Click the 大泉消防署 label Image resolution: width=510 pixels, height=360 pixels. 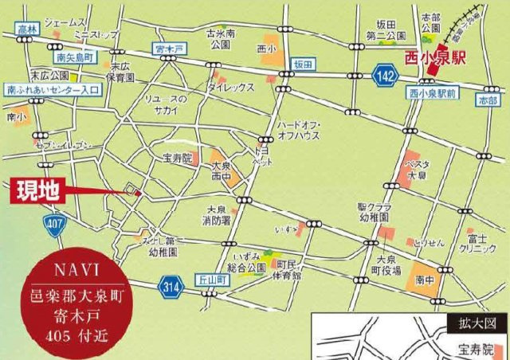(x=215, y=215)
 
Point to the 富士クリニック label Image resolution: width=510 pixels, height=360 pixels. (x=478, y=243)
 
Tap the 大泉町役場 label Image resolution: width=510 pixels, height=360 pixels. (x=386, y=265)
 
